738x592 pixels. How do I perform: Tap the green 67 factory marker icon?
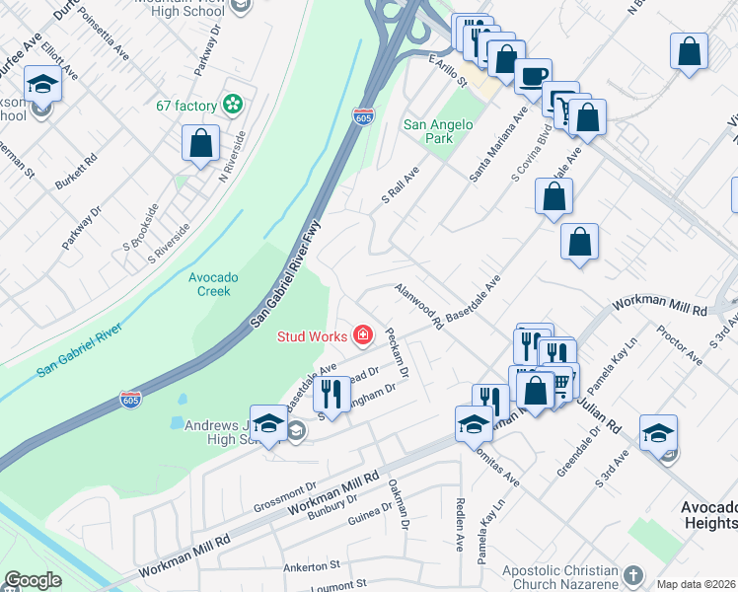click(233, 104)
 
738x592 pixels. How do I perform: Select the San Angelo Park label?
click(439, 131)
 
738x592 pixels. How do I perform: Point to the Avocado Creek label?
click(214, 284)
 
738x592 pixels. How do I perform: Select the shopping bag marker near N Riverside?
click(201, 143)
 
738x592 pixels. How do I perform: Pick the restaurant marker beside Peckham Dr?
click(331, 395)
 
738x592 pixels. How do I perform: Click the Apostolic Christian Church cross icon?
click(633, 572)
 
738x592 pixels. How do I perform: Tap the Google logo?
click(33, 580)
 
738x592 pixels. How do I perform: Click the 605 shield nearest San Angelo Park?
click(364, 116)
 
